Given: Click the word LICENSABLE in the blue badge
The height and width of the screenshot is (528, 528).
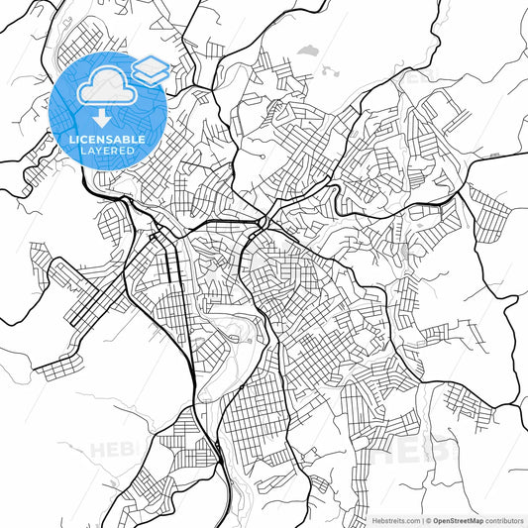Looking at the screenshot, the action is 107,140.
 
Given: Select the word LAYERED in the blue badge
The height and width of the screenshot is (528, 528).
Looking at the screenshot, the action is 107,152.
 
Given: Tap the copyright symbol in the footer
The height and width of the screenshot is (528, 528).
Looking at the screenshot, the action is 427,519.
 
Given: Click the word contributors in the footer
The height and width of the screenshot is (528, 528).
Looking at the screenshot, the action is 503,519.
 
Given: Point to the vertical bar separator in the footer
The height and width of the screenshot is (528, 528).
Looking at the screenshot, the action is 420,519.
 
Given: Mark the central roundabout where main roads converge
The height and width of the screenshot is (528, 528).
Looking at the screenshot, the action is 263,218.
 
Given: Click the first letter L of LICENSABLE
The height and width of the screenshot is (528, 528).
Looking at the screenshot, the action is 72,140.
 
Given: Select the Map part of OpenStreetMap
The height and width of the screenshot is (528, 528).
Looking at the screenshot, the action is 476,519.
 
